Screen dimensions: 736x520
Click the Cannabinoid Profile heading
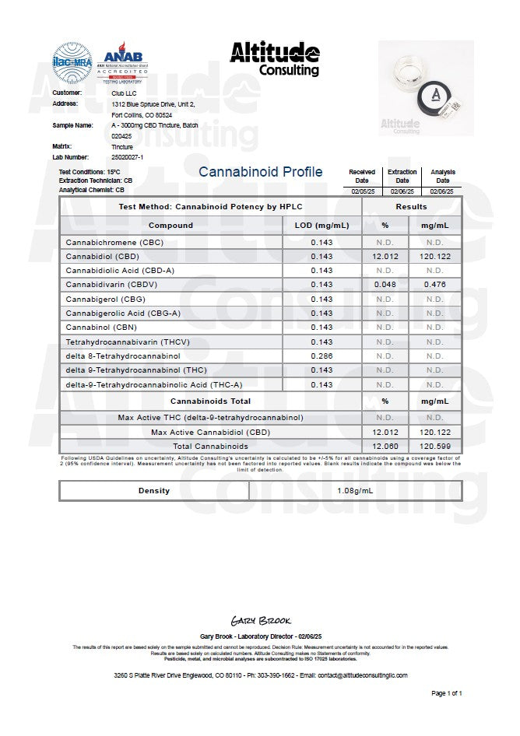[260, 172]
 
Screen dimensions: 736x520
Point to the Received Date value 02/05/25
[361, 191]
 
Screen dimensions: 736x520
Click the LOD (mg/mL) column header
[321, 226]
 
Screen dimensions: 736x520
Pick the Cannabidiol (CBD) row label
[102, 256]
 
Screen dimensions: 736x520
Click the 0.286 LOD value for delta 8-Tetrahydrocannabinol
[321, 356]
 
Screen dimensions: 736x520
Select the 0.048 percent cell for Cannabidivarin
[385, 284]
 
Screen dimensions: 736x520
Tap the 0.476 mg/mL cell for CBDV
[434, 284]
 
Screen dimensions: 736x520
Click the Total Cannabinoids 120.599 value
[434, 447]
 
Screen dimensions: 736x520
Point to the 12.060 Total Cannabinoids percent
[385, 447]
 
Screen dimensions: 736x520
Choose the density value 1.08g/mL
[355, 491]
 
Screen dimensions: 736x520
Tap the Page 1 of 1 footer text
[447, 692]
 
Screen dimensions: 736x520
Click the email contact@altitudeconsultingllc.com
[351, 675]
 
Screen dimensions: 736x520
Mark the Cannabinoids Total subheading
[210, 401]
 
